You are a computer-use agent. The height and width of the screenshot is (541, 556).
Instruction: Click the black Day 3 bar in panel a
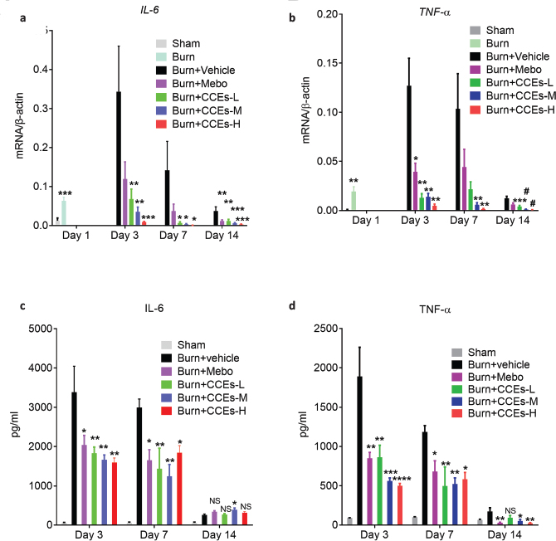click(119, 158)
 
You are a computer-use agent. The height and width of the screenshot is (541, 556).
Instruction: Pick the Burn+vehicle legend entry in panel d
click(493, 364)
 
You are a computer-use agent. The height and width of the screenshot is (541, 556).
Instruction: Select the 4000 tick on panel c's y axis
click(33, 368)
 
